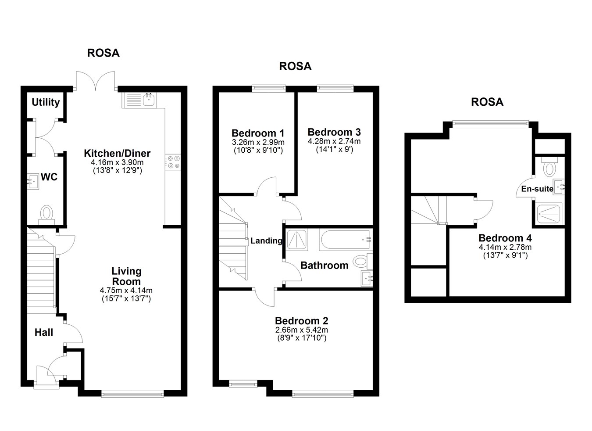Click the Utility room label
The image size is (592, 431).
(46, 102)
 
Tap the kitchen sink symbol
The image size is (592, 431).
(148, 100)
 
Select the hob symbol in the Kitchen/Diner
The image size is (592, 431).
(173, 162)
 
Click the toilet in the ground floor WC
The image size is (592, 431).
(46, 213)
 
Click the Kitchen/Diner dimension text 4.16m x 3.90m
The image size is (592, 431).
(117, 162)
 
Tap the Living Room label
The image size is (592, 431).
(126, 277)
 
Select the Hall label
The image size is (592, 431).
(44, 333)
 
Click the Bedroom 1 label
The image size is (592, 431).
(258, 133)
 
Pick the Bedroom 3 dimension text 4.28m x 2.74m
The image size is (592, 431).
(334, 141)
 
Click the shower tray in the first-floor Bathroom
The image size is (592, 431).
(297, 240)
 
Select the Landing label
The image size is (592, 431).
(266, 241)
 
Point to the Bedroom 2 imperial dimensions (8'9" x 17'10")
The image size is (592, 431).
(302, 338)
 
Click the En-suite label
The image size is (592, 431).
(537, 189)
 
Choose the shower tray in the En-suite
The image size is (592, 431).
(549, 214)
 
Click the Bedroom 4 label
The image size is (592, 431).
(505, 238)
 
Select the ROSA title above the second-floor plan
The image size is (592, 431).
(487, 102)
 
